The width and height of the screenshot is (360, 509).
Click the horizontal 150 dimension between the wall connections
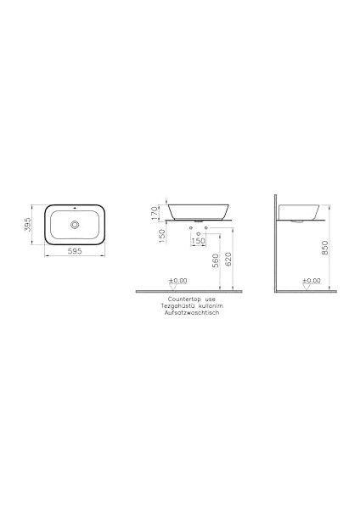[199, 242]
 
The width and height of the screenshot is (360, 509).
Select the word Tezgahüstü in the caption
[177, 305]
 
